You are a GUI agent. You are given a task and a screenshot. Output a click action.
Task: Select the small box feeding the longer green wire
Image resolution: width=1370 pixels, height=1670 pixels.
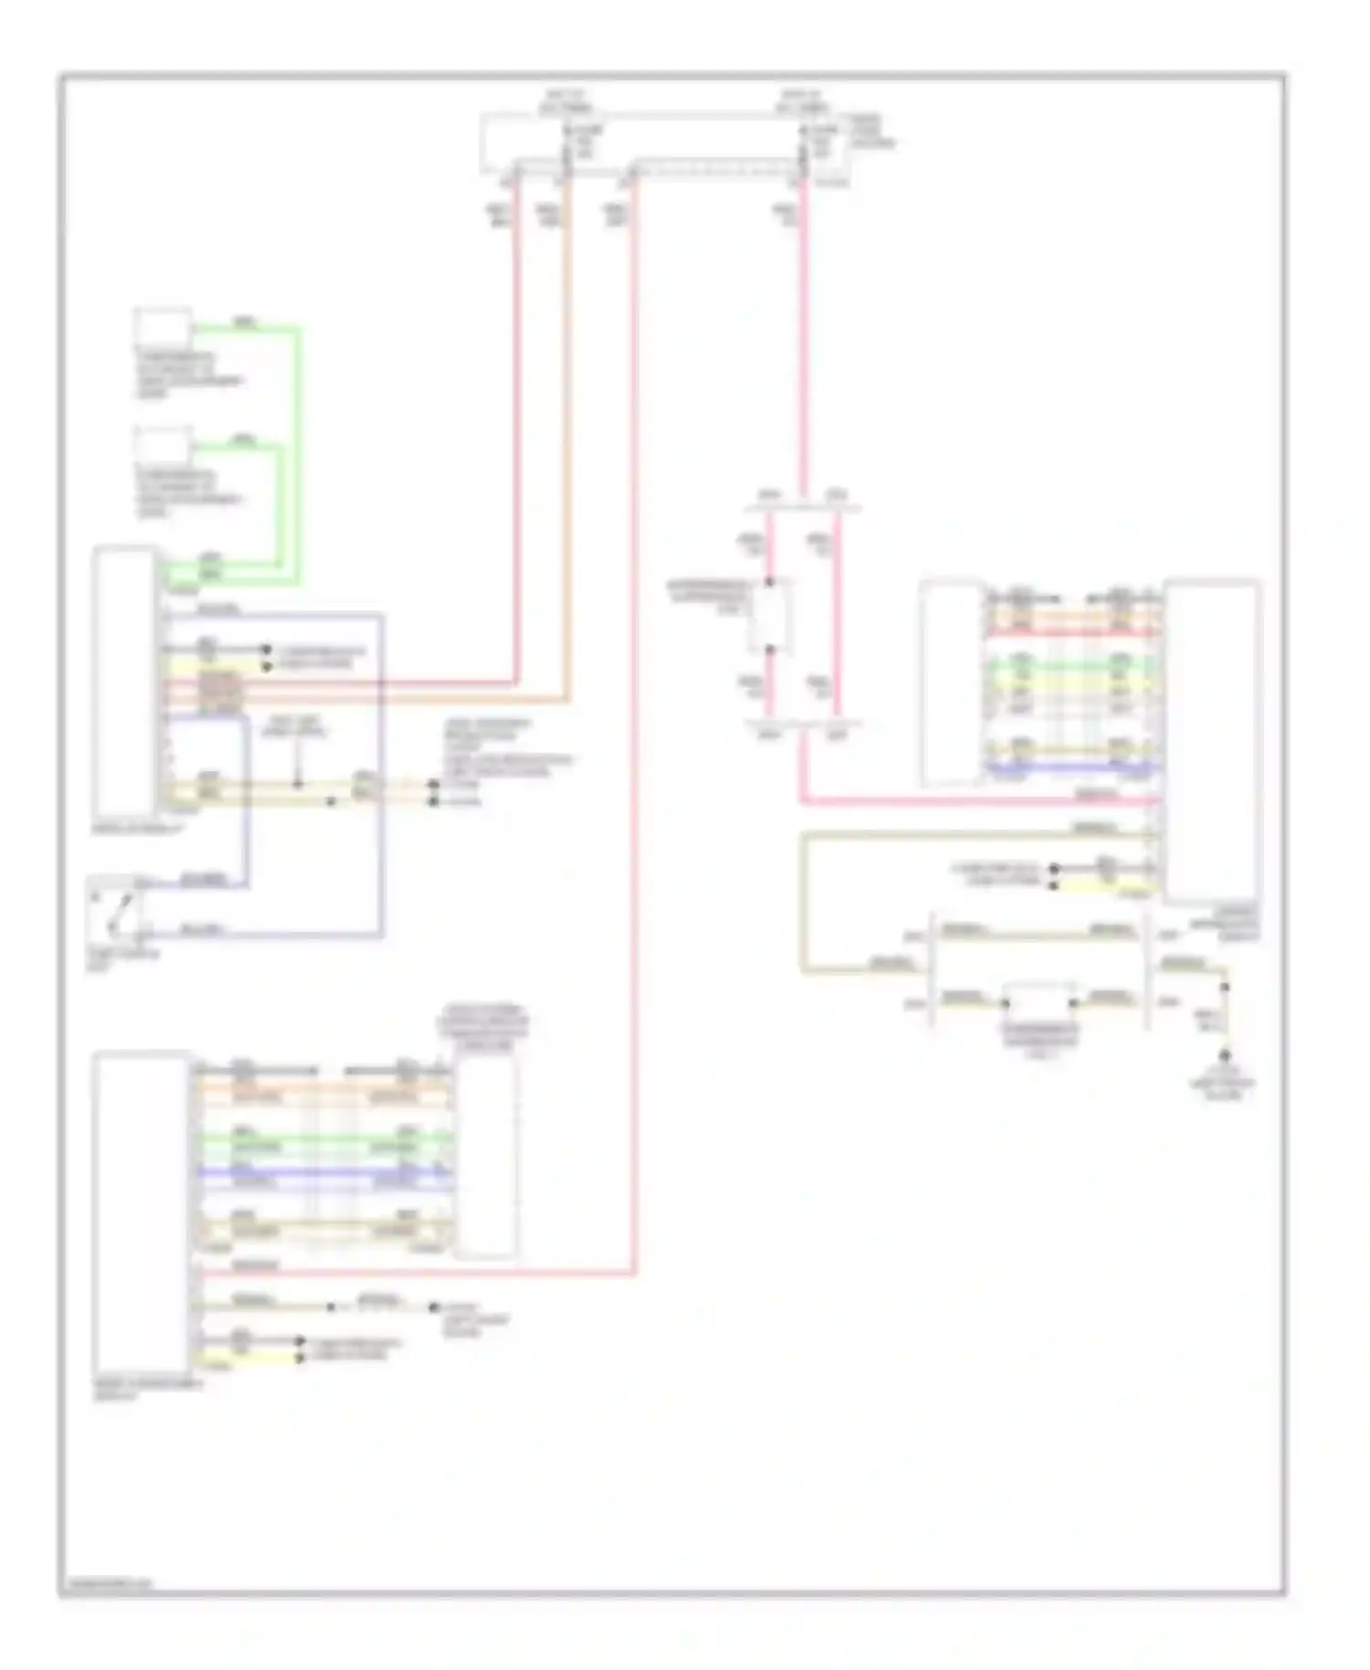pyautogui.click(x=163, y=325)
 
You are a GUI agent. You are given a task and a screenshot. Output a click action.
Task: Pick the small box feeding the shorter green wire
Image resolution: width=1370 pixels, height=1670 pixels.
pyautogui.click(x=163, y=445)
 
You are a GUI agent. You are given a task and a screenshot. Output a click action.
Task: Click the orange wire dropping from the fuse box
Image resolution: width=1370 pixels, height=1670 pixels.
pyautogui.click(x=567, y=439)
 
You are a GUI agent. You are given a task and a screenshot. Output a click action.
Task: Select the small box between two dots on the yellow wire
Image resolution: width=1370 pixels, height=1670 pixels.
pyautogui.click(x=1040, y=1002)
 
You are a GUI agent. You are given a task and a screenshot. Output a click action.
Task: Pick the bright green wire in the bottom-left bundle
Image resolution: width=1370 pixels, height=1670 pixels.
pyautogui.click(x=320, y=1139)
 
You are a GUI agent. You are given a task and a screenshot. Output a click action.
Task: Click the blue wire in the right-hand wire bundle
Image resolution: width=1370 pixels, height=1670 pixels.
pyautogui.click(x=1073, y=768)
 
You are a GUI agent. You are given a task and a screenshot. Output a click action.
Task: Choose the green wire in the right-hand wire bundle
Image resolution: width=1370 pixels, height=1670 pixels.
pyautogui.click(x=1073, y=666)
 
